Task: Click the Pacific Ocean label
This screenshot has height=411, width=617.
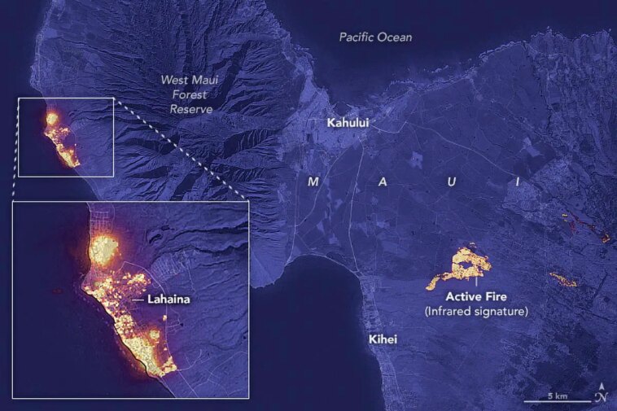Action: (x=376, y=37)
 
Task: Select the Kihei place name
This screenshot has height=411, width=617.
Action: (x=381, y=339)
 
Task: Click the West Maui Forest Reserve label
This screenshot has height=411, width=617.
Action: (x=186, y=94)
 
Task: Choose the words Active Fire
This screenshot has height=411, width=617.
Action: (x=476, y=296)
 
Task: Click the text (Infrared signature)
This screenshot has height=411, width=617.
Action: (x=476, y=311)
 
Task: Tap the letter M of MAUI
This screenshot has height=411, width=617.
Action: (x=313, y=182)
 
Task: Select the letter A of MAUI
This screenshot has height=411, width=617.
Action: (x=383, y=182)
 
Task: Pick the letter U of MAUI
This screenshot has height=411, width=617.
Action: (x=450, y=182)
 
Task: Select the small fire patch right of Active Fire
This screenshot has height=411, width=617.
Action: (x=563, y=280)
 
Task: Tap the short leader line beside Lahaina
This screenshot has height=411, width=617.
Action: (x=138, y=300)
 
